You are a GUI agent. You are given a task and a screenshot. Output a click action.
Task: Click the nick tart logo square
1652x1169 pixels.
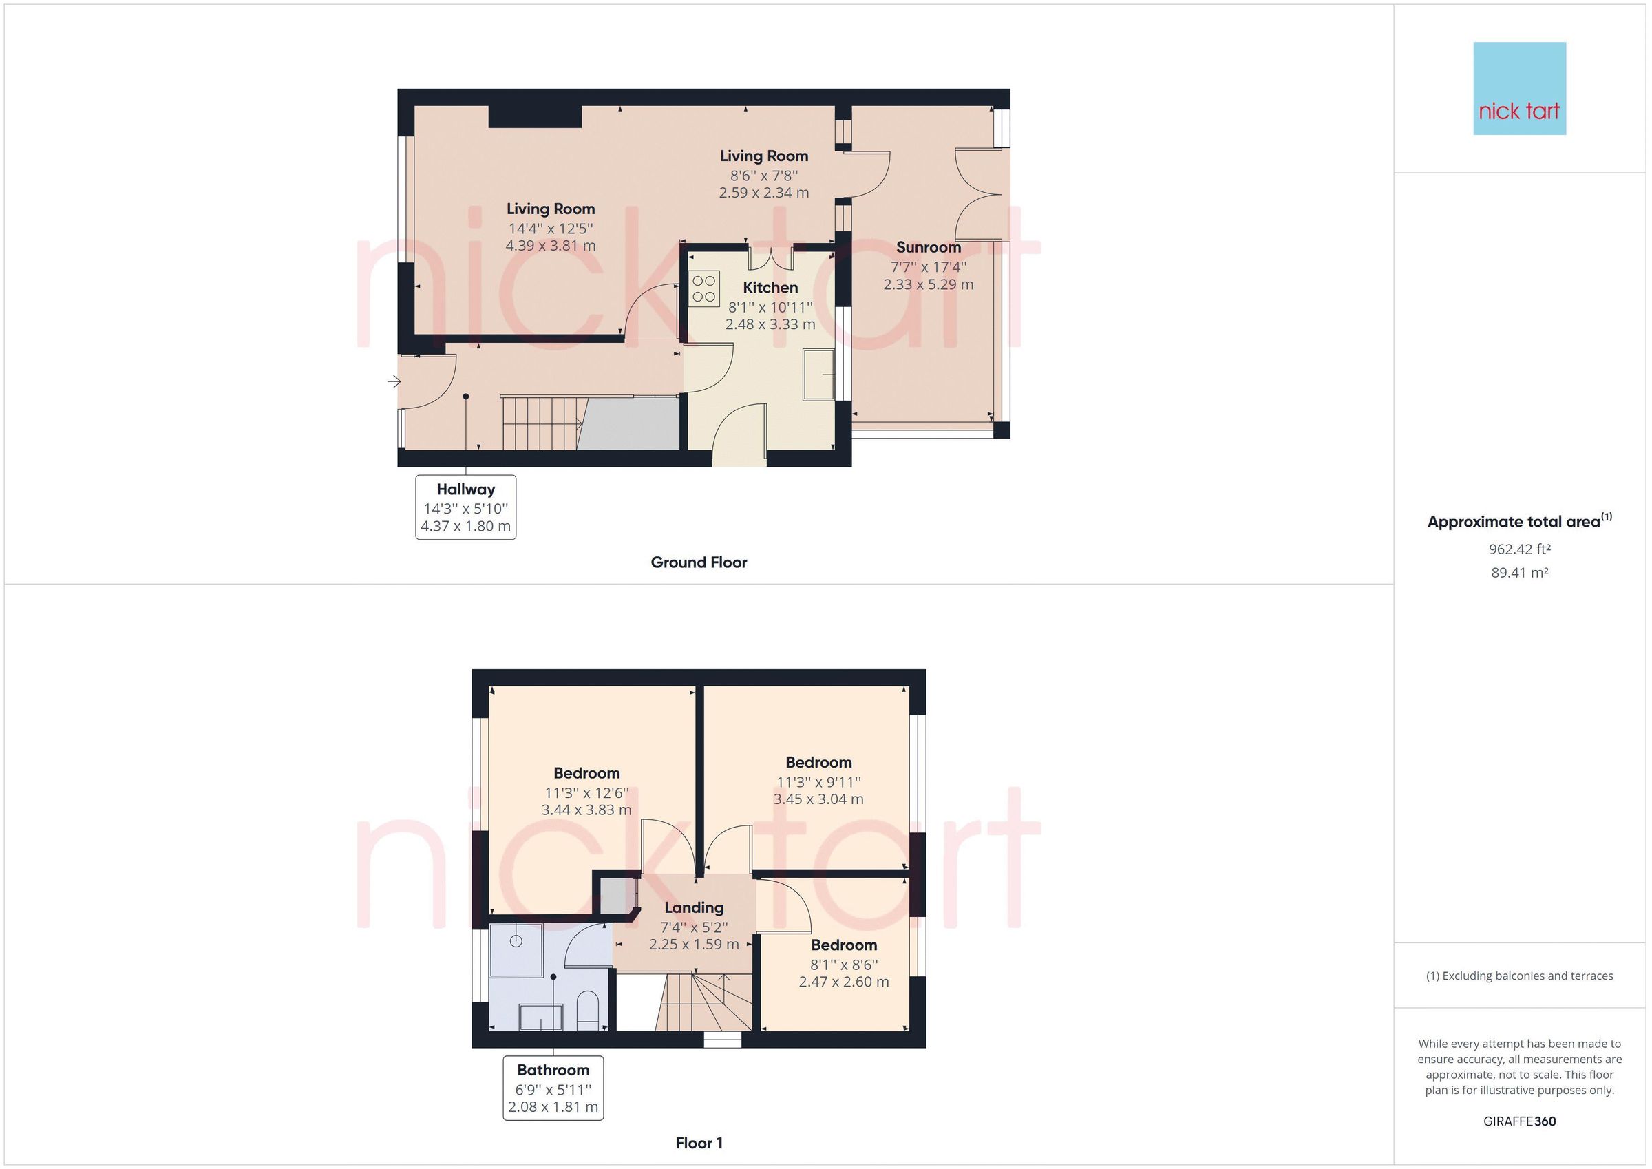pyautogui.click(x=1519, y=89)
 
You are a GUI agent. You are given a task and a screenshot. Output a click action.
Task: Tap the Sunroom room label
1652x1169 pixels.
pyautogui.click(x=928, y=247)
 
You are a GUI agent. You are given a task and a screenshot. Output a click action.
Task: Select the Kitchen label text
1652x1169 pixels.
pyautogui.click(x=770, y=287)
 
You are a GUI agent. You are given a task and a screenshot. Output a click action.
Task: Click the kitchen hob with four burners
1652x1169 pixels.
pyautogui.click(x=704, y=288)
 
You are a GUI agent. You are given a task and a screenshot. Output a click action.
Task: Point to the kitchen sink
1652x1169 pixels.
pyautogui.click(x=819, y=374)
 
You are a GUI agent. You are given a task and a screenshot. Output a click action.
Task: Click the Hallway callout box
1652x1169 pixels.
pyautogui.click(x=465, y=507)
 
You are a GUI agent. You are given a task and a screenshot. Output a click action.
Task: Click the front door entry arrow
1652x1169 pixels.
pyautogui.click(x=394, y=381)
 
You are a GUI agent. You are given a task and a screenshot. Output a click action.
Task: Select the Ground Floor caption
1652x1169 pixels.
pyautogui.click(x=699, y=562)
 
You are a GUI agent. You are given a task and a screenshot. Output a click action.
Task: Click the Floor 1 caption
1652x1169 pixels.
pyautogui.click(x=699, y=1142)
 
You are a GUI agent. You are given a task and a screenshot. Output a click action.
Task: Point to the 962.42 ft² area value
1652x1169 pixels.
pyautogui.click(x=1519, y=549)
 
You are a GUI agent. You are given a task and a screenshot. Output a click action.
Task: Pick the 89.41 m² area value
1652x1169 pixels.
pyautogui.click(x=1519, y=573)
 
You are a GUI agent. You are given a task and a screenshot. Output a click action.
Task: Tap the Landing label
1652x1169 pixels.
pyautogui.click(x=694, y=907)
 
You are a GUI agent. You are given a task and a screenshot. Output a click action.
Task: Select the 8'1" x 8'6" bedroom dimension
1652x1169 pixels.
pyautogui.click(x=843, y=965)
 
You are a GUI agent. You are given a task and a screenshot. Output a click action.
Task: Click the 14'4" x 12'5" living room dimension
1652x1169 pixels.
pyautogui.click(x=551, y=228)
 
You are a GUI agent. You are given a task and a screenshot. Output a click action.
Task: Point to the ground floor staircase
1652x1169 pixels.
pyautogui.click(x=541, y=423)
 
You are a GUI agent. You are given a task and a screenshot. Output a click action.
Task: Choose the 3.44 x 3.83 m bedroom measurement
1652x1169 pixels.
pyautogui.click(x=586, y=810)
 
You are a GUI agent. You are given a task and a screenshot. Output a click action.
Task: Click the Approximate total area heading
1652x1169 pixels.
pyautogui.click(x=1519, y=521)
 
